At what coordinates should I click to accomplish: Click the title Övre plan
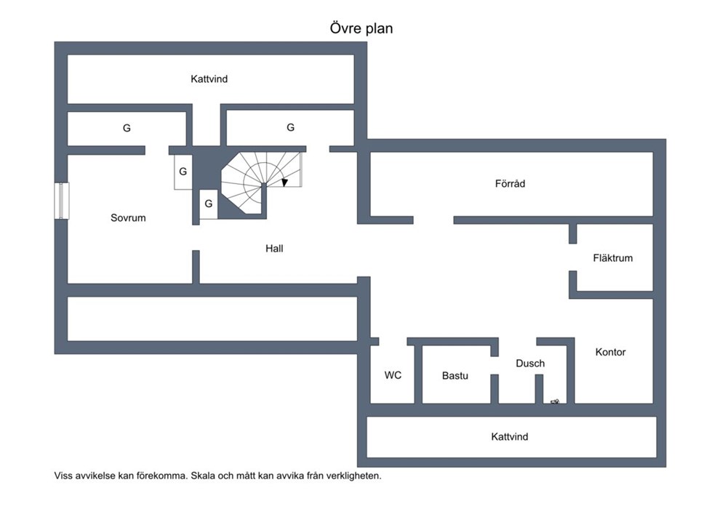point(361,28)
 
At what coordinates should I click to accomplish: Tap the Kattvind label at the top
point(209,79)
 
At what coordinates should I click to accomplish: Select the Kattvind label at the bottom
point(510,436)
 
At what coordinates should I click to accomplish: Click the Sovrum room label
point(128,217)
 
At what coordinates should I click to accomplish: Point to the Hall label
point(274,248)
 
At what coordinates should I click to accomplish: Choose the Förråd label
point(510,183)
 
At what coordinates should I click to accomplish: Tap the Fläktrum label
point(612,258)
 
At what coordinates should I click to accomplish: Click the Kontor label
point(610,352)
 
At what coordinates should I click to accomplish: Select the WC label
point(393,375)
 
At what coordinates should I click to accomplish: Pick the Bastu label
point(455,375)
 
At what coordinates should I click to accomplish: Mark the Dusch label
point(530,363)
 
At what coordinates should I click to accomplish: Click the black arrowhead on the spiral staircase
point(284,183)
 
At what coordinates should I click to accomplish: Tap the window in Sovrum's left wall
point(62,201)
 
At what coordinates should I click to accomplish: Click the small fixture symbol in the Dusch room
point(555,402)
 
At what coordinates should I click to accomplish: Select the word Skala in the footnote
point(202,476)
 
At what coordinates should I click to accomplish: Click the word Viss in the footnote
point(63,476)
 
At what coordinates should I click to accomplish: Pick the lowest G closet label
point(209,204)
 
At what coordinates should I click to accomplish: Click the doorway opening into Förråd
point(433,220)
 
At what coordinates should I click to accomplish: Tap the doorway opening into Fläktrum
point(572,257)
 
